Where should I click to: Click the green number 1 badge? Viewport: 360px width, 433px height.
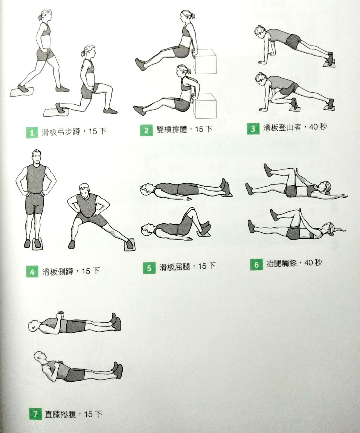(32, 133)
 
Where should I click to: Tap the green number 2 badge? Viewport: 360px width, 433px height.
(146, 130)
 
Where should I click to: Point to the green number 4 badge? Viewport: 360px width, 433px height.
(32, 272)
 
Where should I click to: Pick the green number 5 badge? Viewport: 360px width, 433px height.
(149, 268)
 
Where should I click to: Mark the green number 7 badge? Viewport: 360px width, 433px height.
(35, 414)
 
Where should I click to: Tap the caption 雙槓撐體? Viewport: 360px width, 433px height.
(172, 129)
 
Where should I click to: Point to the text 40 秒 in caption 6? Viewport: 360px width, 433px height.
(313, 262)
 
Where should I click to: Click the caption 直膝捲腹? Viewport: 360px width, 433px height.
(61, 414)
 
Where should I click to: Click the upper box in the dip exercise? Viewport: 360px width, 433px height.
(205, 62)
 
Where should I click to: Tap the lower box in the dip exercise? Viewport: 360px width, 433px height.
(205, 106)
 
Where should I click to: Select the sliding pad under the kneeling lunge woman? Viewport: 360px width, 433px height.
(56, 113)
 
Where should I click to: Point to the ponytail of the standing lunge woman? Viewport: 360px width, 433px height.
(41, 16)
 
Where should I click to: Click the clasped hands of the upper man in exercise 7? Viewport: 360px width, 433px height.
(60, 315)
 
